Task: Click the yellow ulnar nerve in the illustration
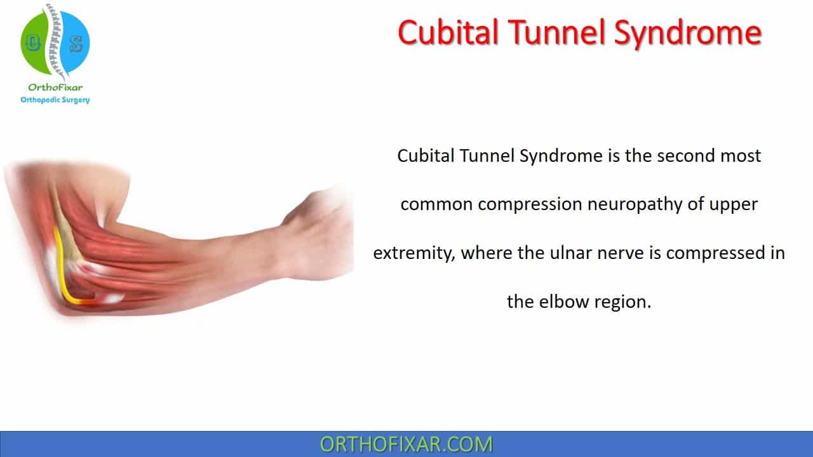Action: (x=65, y=268)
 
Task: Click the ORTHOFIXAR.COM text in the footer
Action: (x=406, y=444)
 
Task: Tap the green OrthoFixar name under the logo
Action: (x=55, y=88)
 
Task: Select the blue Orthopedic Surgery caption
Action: (x=55, y=100)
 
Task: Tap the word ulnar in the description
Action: (x=571, y=253)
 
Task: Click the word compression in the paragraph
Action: (x=530, y=205)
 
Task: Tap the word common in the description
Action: (x=436, y=205)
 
